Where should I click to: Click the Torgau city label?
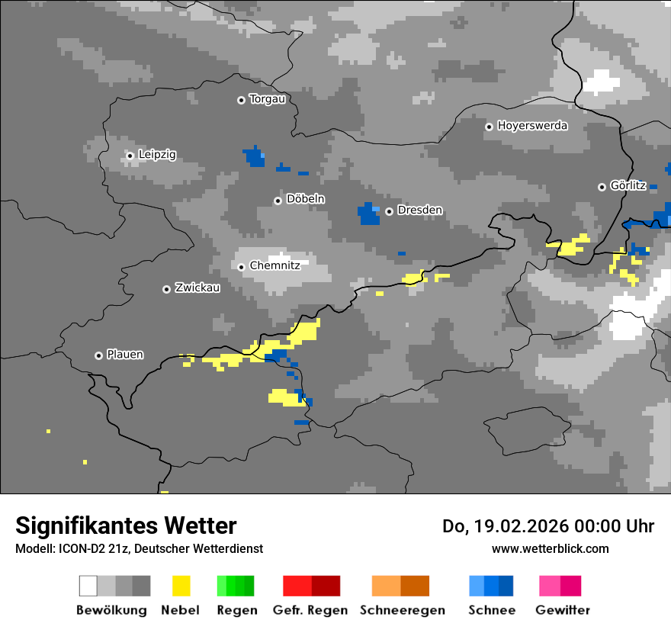pyautogui.click(x=267, y=99)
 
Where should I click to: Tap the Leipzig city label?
pyautogui.click(x=157, y=155)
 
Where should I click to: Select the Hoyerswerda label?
pyautogui.click(x=532, y=126)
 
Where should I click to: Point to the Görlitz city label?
pyautogui.click(x=628, y=185)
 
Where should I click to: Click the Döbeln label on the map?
pyautogui.click(x=305, y=199)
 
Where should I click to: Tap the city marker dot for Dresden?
pyautogui.click(x=389, y=211)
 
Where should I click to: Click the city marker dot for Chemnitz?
pyautogui.click(x=241, y=267)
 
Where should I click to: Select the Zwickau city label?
pyautogui.click(x=197, y=288)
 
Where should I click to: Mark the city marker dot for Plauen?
pyautogui.click(x=98, y=355)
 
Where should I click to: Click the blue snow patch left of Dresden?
pyautogui.click(x=369, y=214)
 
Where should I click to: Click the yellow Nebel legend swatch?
pyautogui.click(x=181, y=586)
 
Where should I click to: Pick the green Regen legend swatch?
pyautogui.click(x=236, y=586)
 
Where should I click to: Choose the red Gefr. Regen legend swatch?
pyautogui.click(x=311, y=586)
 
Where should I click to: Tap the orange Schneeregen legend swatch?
pyautogui.click(x=400, y=586)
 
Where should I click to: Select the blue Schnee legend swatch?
pyautogui.click(x=491, y=586)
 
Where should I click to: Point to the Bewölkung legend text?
pyautogui.click(x=111, y=610)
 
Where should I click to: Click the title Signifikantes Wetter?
pyautogui.click(x=126, y=525)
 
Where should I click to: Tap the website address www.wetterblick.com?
pyautogui.click(x=550, y=548)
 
